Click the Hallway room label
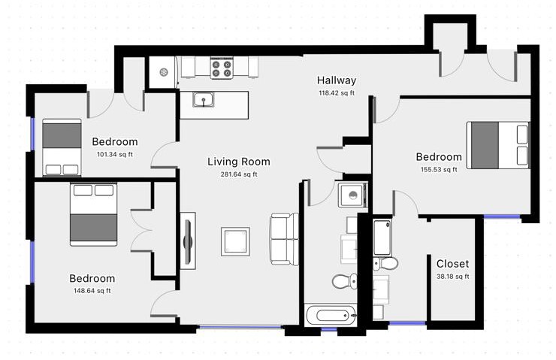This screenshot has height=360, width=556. (x=336, y=80)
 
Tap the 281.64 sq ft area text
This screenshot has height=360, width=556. (x=239, y=174)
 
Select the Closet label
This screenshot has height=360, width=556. (x=452, y=264)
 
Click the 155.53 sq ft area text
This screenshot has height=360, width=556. (x=439, y=170)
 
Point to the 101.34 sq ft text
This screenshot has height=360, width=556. (x=115, y=154)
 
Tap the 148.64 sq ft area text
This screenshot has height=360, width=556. (x=92, y=291)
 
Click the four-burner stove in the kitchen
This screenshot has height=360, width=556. (x=222, y=68)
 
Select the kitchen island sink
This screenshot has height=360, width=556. (x=204, y=99)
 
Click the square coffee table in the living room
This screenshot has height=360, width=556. (x=235, y=241)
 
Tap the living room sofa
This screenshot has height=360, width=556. (x=284, y=239)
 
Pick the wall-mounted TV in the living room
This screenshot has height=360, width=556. (x=188, y=241)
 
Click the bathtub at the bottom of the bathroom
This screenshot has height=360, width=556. (x=331, y=315)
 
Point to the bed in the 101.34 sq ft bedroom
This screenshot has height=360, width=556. (x=62, y=147)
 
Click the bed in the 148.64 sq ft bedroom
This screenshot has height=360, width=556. (x=94, y=214)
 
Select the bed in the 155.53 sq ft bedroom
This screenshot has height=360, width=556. (x=497, y=145)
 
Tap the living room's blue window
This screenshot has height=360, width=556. (x=240, y=327)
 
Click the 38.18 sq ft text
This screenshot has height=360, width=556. (x=452, y=277)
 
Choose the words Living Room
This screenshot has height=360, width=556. (x=239, y=162)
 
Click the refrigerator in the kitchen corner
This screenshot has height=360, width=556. (x=163, y=72)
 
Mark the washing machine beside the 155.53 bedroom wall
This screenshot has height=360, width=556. (x=353, y=195)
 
